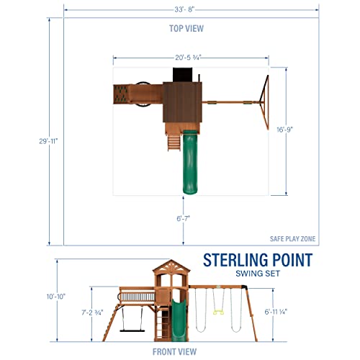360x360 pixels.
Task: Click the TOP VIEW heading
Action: pos(186,28)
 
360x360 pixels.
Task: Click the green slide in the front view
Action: pos(174,317)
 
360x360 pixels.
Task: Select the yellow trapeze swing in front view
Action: pos(222,315)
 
